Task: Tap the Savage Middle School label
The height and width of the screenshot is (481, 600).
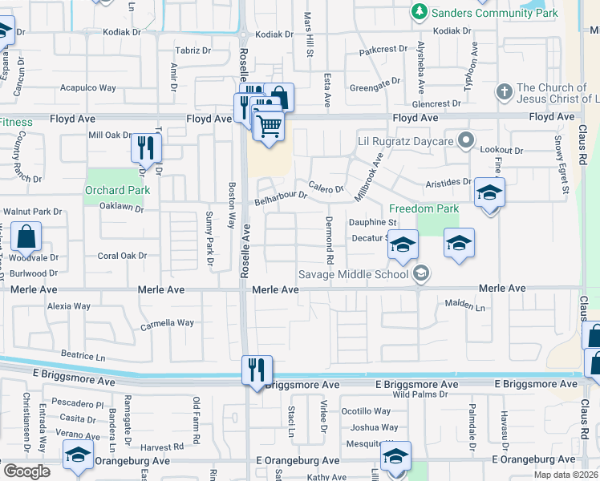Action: click(354, 273)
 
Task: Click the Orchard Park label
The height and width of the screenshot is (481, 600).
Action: click(117, 190)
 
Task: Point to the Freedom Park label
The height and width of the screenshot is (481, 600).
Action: click(424, 208)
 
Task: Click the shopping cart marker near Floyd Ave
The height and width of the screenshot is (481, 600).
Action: click(270, 124)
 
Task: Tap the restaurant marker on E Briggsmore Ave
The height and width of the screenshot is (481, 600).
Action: click(257, 370)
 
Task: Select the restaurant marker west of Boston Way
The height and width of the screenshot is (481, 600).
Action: click(146, 148)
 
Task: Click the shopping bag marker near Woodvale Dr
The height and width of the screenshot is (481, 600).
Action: click(26, 237)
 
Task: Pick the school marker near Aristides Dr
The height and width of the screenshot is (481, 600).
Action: click(489, 193)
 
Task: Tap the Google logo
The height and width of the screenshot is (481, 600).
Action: click(26, 471)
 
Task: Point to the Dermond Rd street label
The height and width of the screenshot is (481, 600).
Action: click(329, 240)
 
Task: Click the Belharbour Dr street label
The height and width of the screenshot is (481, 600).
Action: click(281, 196)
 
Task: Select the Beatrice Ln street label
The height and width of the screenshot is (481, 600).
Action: click(83, 354)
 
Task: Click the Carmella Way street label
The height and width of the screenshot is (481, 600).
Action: click(168, 323)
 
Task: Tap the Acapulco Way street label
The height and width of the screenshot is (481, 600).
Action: click(89, 88)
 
